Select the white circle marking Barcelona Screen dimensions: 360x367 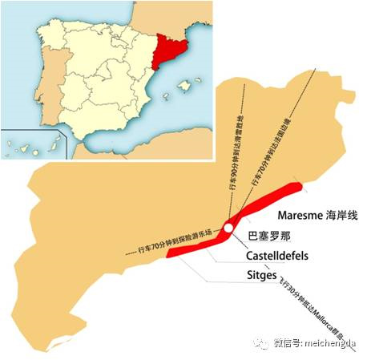point(228,229)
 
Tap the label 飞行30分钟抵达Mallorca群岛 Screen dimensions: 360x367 point(309,309)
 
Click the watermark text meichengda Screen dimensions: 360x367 point(331,342)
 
